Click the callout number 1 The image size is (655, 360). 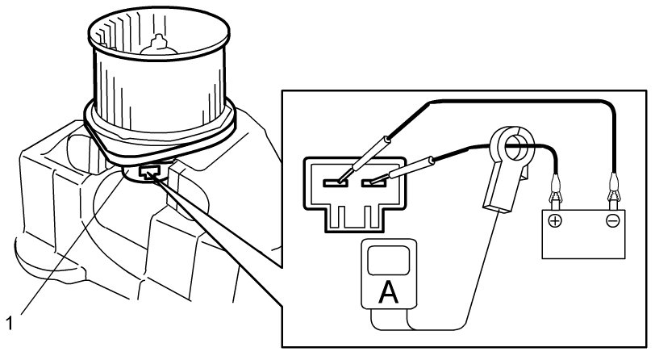point(10,322)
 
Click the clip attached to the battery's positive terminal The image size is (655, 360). point(554,194)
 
